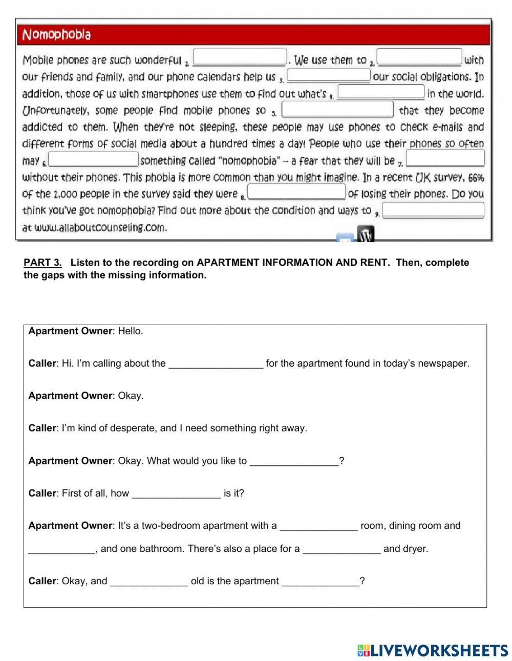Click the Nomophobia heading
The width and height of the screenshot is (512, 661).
(56, 35)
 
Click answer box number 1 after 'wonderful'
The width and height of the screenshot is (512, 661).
(240, 57)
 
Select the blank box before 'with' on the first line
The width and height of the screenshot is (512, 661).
(419, 57)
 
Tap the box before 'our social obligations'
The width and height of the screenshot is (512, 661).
(328, 75)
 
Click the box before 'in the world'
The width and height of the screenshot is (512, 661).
(381, 92)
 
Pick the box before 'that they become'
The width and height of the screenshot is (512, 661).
(337, 109)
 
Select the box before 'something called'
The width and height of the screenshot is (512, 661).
(94, 159)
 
